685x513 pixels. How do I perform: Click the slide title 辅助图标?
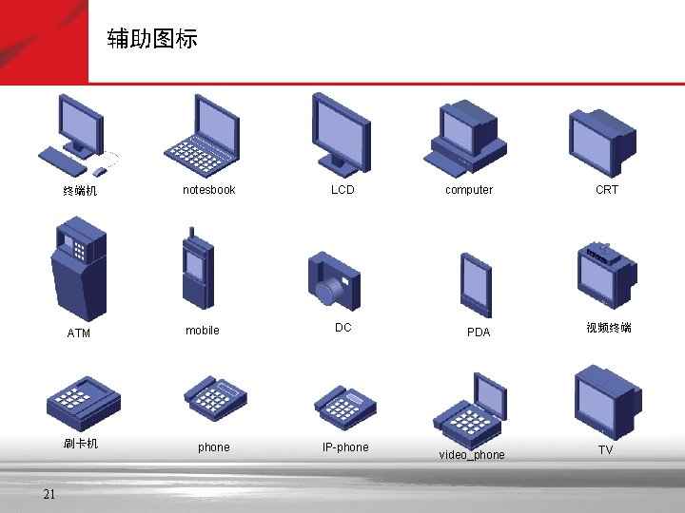click(152, 39)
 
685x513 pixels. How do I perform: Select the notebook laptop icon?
click(202, 131)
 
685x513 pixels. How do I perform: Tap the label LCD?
click(342, 190)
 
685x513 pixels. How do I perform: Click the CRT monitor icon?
click(601, 139)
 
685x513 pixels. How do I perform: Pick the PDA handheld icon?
click(476, 285)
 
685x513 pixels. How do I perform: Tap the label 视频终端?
click(609, 328)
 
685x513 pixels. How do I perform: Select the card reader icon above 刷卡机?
click(86, 400)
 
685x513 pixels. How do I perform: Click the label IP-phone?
click(345, 447)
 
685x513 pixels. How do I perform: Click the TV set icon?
click(606, 401)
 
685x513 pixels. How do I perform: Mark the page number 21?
click(49, 493)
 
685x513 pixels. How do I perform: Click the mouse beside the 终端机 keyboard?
click(100, 172)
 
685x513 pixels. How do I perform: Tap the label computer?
click(469, 190)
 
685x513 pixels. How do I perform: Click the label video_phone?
click(472, 455)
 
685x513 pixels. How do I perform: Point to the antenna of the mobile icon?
click(192, 234)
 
